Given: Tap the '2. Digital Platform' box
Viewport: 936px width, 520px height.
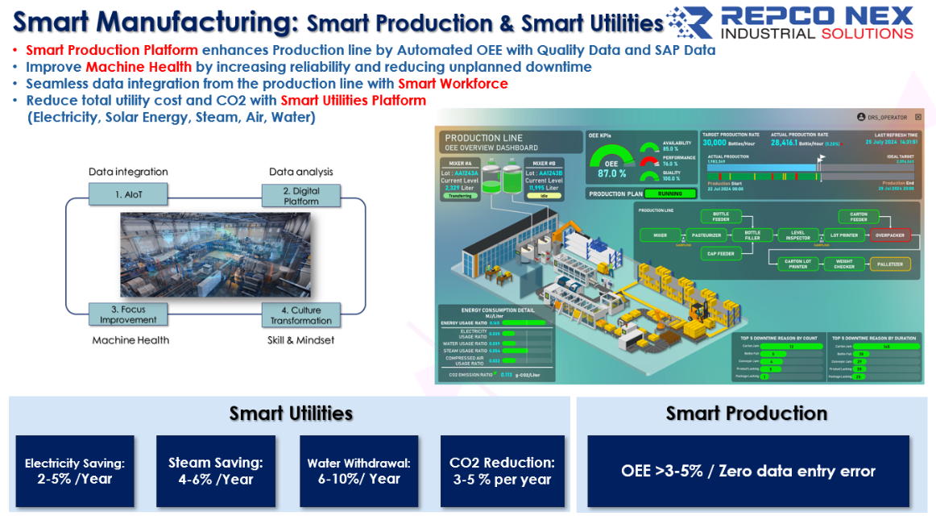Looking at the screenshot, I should tap(301, 196).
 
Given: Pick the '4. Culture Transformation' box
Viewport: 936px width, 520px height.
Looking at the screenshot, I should tap(301, 314).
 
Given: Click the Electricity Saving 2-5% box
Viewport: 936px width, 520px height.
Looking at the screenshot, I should tap(74, 471).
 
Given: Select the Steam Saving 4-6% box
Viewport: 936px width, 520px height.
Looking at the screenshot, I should tap(215, 471).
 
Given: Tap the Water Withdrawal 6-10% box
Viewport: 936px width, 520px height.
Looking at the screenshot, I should tap(359, 471).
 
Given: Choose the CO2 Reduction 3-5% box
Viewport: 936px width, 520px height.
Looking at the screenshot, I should tap(501, 471).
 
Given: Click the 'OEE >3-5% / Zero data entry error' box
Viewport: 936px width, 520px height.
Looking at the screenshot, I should tap(748, 471).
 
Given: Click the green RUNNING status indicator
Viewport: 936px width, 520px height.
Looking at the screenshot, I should tap(670, 193).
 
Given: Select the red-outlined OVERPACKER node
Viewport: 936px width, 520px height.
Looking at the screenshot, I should tap(889, 235).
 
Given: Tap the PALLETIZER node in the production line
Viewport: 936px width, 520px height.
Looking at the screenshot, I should tap(889, 264).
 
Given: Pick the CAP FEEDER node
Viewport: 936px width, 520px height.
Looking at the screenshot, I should tap(720, 254).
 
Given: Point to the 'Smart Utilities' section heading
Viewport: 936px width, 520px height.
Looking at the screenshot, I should tap(291, 414).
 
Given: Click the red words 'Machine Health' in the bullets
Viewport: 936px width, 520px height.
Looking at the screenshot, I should tap(139, 67).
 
